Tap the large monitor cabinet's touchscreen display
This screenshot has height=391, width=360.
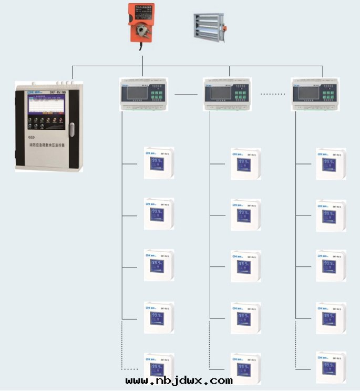pyautogui.click(x=46, y=107)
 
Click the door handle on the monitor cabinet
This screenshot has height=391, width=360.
pyautogui.click(x=72, y=128)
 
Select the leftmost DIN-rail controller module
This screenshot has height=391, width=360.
pyautogui.click(x=143, y=94)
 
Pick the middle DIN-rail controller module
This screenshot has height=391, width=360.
pyautogui.click(x=230, y=94)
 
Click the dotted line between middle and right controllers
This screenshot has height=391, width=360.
pyautogui.click(x=273, y=95)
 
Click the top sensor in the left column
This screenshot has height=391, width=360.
pyautogui.click(x=159, y=163)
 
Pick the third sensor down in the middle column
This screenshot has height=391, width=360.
pyautogui.click(x=246, y=266)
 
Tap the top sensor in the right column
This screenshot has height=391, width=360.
pyautogui.click(x=331, y=163)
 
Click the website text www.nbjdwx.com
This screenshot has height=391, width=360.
pyautogui.click(x=179, y=380)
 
